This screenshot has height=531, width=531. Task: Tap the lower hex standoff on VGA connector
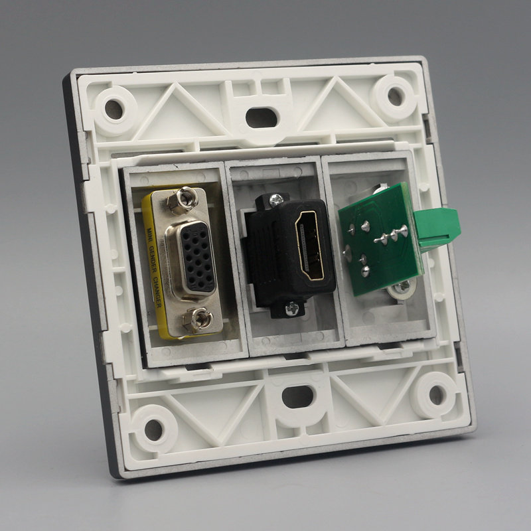197,320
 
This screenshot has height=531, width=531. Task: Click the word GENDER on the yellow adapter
153,260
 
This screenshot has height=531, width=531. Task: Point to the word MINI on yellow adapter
148,235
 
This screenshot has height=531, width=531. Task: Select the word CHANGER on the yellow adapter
157,292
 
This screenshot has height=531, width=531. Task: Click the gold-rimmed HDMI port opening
309,246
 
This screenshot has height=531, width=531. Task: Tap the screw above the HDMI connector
276,200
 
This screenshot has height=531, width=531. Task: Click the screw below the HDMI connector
292,309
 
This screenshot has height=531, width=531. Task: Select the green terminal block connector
437,228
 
